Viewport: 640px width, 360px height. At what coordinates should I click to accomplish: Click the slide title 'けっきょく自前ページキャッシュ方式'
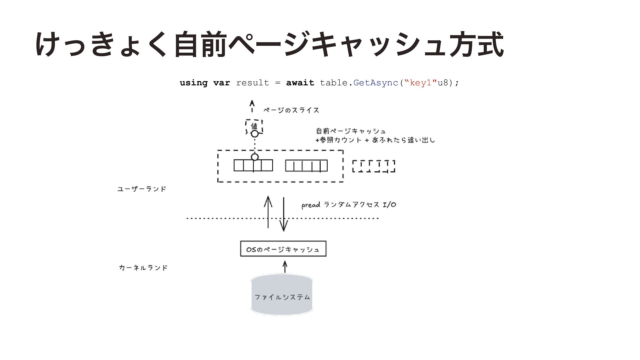click(269, 44)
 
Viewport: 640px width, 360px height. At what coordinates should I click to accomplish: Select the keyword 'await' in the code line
click(300, 83)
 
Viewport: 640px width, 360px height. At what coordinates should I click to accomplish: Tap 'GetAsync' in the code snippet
click(376, 83)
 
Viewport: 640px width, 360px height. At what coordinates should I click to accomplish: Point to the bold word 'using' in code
click(193, 83)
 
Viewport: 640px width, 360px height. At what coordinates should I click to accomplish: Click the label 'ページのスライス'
click(291, 110)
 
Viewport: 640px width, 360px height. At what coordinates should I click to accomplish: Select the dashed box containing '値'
click(254, 127)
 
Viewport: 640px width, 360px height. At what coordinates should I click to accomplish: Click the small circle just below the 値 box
click(255, 134)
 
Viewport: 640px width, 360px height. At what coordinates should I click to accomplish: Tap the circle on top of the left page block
click(255, 157)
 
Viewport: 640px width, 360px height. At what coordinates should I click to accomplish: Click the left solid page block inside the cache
click(253, 165)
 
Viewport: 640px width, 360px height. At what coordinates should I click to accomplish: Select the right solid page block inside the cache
click(306, 166)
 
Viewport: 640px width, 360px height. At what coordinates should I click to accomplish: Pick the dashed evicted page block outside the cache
click(374, 166)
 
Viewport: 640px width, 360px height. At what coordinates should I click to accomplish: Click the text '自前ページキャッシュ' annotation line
click(351, 131)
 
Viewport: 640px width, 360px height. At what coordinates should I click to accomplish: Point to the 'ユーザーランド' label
click(142, 189)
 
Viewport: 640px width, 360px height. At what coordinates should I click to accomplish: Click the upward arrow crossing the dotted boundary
click(268, 212)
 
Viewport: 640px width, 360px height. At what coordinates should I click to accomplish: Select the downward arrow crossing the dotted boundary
click(284, 214)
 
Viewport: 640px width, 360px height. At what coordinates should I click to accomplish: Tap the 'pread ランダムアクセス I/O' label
click(349, 205)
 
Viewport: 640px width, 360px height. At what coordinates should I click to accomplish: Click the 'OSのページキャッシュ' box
click(283, 249)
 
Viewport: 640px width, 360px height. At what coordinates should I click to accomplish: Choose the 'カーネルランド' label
click(143, 268)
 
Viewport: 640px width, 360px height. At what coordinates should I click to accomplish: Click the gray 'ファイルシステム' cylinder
click(282, 295)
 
